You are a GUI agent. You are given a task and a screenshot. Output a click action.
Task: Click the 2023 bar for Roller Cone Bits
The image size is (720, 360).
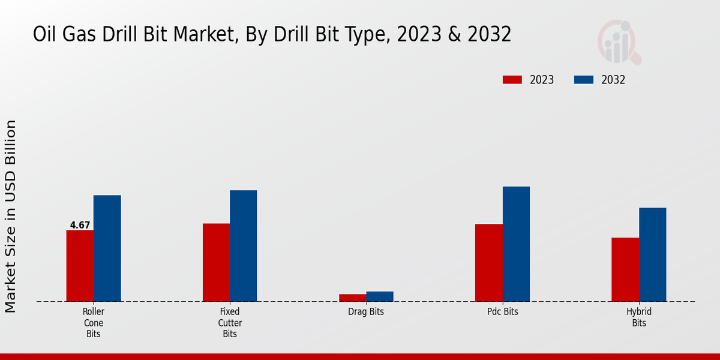pos(80,266)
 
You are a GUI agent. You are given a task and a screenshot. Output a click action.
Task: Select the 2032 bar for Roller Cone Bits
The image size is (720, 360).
pos(107,248)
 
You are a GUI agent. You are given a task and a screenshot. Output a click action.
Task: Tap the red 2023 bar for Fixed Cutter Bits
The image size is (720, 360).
pos(216,262)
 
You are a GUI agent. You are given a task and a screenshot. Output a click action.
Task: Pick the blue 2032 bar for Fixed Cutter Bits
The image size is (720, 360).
pos(243,246)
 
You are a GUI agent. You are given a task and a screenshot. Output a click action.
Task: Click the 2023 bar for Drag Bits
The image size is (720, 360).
pos(352,298)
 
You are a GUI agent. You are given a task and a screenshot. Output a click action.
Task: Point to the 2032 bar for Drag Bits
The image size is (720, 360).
pos(380,296)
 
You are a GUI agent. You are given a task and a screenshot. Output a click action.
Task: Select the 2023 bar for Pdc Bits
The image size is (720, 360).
pos(488,263)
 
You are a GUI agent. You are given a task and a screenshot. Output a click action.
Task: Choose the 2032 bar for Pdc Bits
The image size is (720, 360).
pos(516,244)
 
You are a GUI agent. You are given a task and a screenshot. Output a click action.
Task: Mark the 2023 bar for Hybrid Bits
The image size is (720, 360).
pos(625,269)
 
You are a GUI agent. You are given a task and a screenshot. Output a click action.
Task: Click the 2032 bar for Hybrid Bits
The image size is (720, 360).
pos(652,254)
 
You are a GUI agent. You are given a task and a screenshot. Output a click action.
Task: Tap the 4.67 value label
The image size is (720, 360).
pos(80,226)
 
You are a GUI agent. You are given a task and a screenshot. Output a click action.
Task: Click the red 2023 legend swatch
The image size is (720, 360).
pos(512,80)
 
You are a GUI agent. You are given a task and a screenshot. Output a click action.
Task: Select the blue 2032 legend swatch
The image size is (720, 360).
pos(584,80)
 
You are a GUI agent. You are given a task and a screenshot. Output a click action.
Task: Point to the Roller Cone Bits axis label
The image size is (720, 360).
pos(93,323)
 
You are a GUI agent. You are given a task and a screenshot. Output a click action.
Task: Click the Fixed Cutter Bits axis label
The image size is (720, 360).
pos(230,323)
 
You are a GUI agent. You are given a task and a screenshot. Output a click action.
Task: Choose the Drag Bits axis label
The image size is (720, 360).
pos(366,312)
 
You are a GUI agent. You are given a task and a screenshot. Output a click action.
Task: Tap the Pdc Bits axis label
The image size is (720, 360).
pos(502,312)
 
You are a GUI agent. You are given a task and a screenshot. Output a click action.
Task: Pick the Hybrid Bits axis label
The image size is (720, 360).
pos(639,317)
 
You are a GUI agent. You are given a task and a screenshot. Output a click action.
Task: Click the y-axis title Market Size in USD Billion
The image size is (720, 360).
pos(11,216)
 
